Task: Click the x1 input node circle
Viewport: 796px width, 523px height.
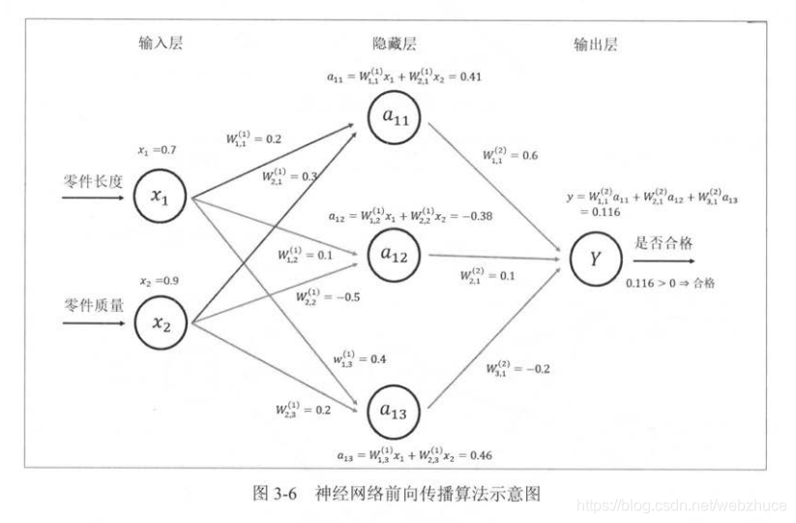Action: (162, 195)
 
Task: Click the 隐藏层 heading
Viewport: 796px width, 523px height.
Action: (395, 44)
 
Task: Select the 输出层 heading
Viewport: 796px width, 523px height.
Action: (595, 44)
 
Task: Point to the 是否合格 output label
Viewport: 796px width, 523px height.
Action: (661, 243)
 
